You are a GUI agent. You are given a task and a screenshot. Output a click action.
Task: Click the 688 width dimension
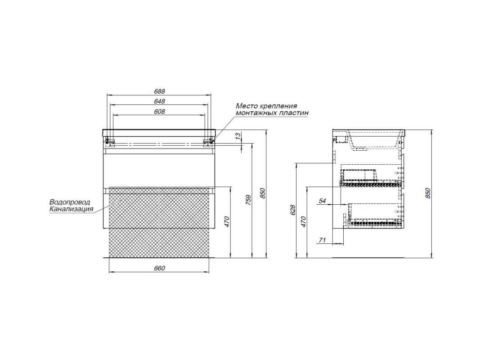click(159, 91)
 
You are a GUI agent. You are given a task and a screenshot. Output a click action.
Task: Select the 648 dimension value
click(159, 101)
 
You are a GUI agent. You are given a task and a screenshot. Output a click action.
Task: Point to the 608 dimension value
click(159, 112)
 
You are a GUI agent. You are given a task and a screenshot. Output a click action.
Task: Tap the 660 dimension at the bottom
click(159, 268)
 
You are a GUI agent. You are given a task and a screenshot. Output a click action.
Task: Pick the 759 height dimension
click(249, 200)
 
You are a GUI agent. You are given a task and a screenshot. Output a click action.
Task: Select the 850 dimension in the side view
click(429, 193)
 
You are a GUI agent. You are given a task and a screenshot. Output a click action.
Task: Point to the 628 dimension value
click(293, 210)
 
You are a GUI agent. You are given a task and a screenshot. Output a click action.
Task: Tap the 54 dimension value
click(323, 201)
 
